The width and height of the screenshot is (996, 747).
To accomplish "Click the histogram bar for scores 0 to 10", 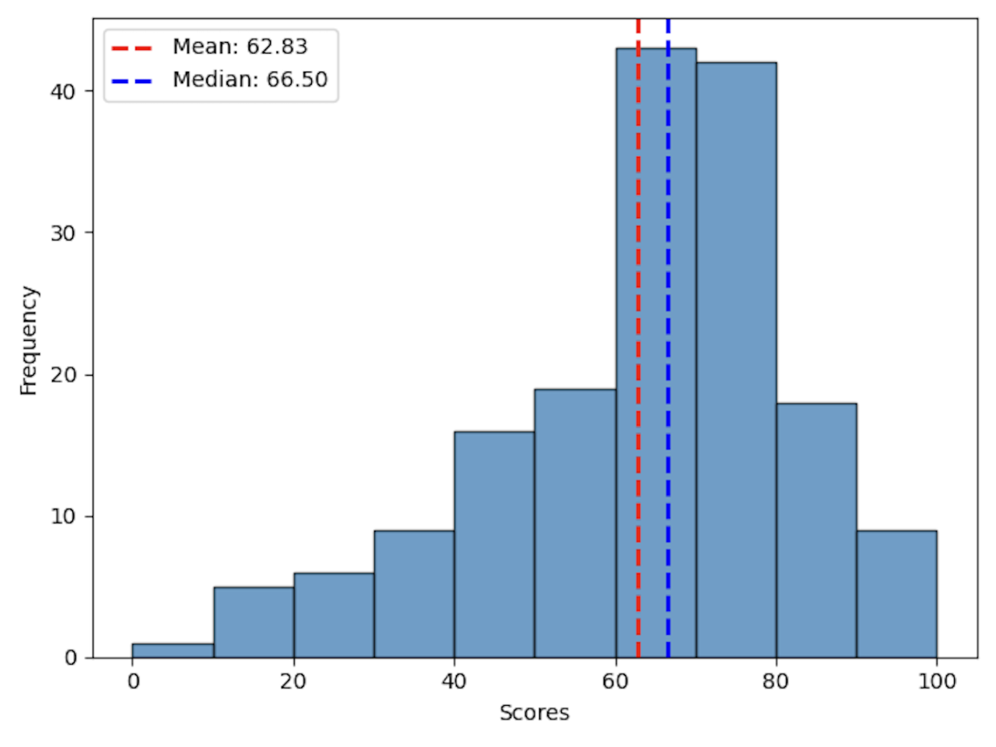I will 173,651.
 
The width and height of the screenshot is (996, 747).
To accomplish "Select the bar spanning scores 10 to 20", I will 254,622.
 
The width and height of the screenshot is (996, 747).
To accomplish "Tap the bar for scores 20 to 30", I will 334,615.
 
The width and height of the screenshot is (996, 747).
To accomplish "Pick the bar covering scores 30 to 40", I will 414,594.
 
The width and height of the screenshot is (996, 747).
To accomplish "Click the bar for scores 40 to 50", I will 494,545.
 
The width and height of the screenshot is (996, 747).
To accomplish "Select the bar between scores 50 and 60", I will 575,523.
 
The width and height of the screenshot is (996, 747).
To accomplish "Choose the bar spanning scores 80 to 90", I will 816,530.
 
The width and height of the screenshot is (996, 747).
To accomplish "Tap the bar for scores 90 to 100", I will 896,594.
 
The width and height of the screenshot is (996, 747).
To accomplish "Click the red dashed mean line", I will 638,311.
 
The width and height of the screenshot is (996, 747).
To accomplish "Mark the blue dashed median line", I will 668,311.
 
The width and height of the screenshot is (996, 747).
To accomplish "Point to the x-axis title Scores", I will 535,713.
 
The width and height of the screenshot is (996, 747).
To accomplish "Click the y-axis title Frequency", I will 29,340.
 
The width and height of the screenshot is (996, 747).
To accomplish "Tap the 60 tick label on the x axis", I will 615,682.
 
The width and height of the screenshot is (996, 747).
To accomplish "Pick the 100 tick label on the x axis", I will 936,682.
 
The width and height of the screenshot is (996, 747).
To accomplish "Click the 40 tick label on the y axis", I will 63,91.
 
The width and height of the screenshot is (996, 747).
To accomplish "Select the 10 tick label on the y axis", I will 63,517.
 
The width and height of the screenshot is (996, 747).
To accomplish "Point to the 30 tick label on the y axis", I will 63,233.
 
